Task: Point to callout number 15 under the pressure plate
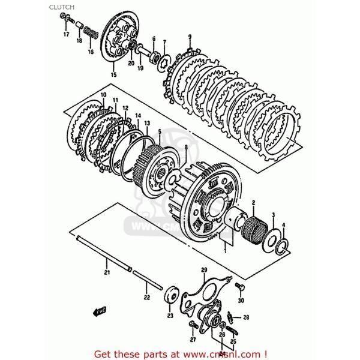pos(113,75)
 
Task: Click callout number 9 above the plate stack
pos(190,37)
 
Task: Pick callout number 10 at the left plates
pos(103,95)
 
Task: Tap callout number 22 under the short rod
pos(146,296)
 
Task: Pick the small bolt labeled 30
pos(239,286)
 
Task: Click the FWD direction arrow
pos(98,311)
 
